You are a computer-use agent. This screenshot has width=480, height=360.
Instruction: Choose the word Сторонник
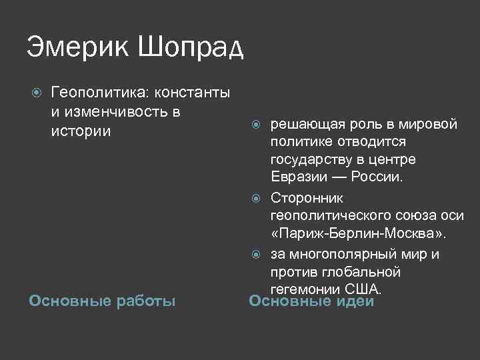pyautogui.click(x=307, y=198)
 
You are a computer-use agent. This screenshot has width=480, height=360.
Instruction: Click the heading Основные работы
pyautogui.click(x=102, y=301)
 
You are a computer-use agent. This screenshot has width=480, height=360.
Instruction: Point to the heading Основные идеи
pyautogui.click(x=311, y=301)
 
